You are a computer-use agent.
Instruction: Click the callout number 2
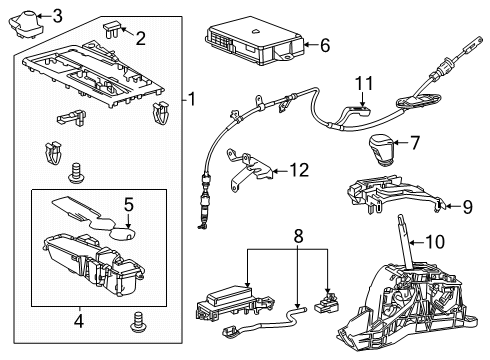coord(140,39)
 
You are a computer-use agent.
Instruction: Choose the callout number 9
coord(466,206)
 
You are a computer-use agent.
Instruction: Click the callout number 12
coord(297,171)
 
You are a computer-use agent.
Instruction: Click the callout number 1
coord(193,99)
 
